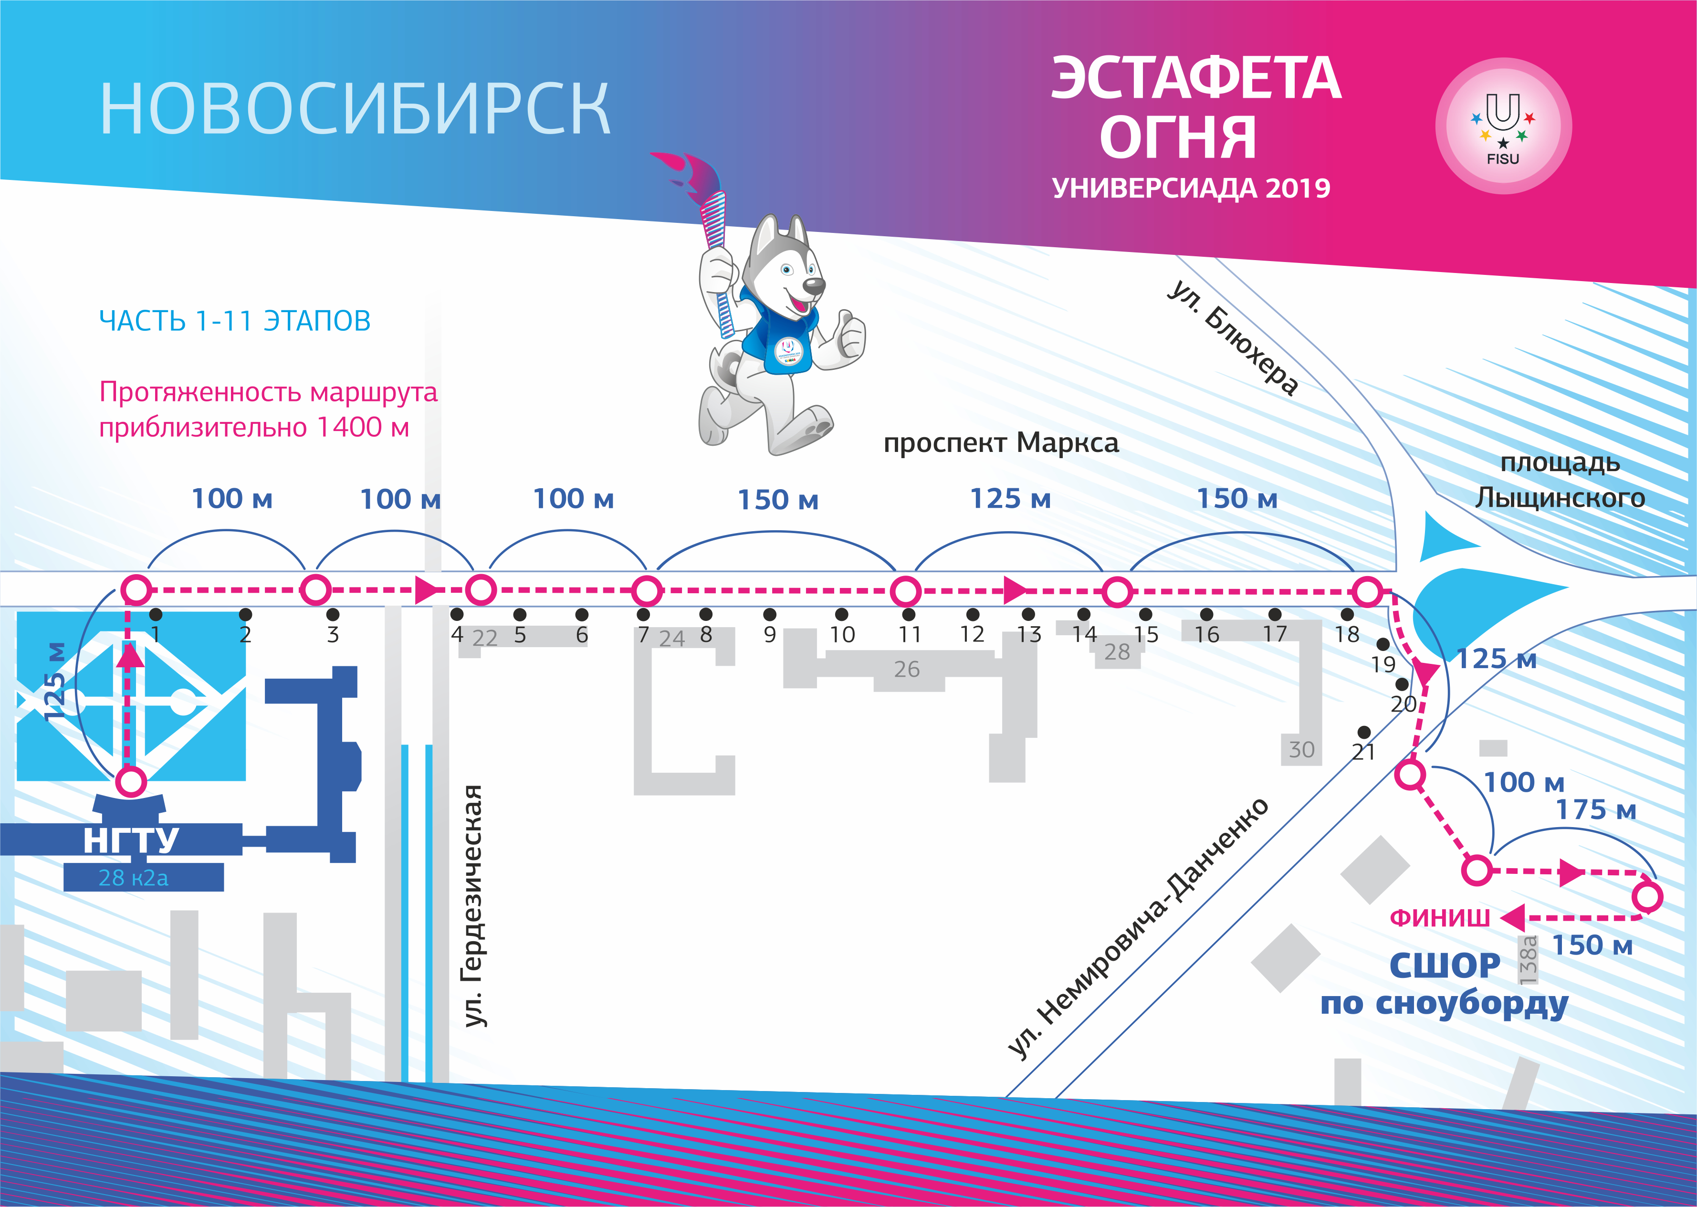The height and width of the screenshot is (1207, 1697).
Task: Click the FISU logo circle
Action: [1502, 126]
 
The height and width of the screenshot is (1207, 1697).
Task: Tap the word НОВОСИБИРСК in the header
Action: [355, 109]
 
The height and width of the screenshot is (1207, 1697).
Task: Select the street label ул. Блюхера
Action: [1233, 338]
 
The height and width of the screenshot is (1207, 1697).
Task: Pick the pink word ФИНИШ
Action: [1439, 918]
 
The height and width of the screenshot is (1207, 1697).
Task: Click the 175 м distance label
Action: [1596, 809]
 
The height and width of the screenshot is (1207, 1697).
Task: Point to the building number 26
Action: [906, 669]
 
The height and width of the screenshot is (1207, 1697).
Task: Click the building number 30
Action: [1301, 749]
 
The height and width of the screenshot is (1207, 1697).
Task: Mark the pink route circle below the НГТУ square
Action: [132, 782]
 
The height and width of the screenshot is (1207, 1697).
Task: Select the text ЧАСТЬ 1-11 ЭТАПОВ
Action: [235, 320]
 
